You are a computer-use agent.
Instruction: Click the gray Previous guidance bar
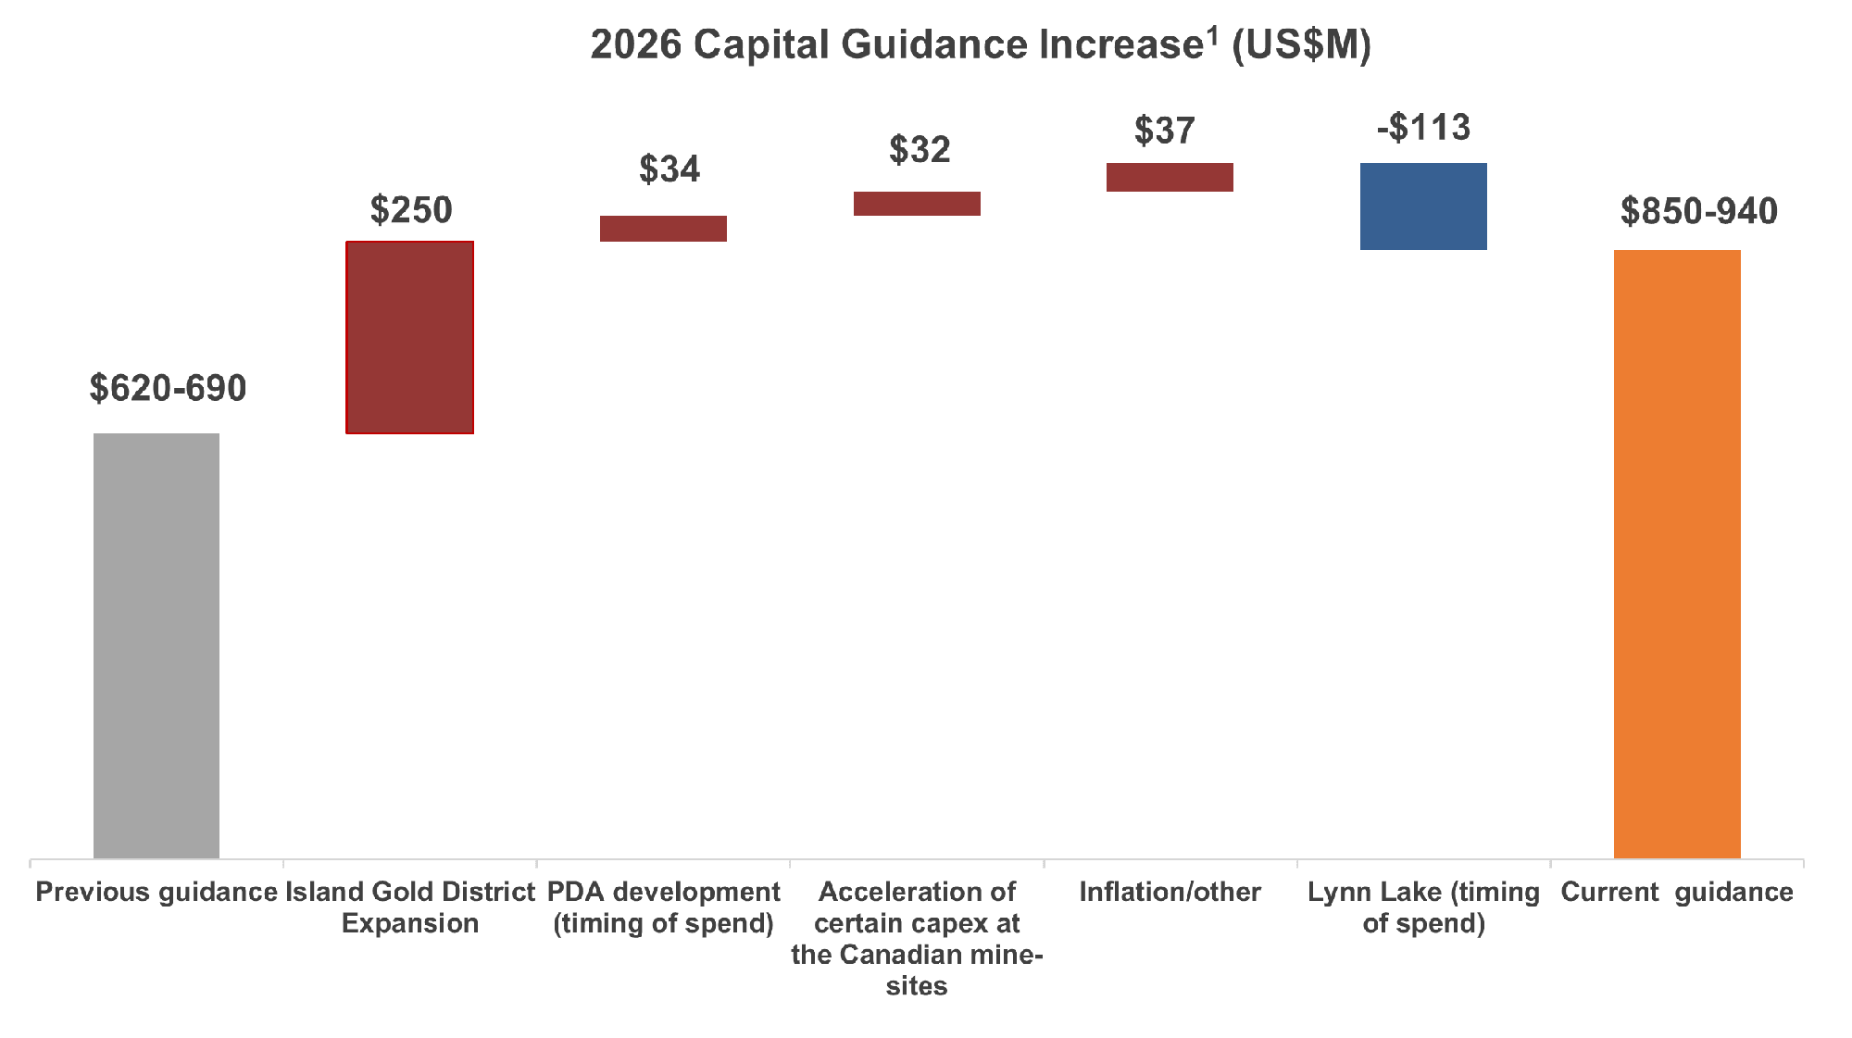point(156,645)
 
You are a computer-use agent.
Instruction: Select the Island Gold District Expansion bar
point(410,337)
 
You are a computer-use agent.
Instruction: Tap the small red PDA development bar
point(663,229)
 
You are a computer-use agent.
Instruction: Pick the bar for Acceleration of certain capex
point(917,204)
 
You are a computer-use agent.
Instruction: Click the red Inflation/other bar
point(1170,177)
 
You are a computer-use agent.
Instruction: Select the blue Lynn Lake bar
point(1423,206)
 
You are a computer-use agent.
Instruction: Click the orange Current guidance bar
point(1677,554)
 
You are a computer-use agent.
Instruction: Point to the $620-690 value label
point(169,388)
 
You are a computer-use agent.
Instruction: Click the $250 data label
point(411,210)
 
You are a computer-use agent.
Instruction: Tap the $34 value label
point(669,169)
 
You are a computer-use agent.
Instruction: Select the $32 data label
point(920,150)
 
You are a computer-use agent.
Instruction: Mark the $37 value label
point(1165,131)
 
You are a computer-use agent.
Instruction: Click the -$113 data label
point(1423,128)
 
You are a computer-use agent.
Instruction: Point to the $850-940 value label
point(1698,212)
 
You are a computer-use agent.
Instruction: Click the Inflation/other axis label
point(1170,892)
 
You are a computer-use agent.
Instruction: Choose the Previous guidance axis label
point(156,892)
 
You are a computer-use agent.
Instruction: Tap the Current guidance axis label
point(1677,892)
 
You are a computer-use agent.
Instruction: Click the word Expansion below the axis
point(410,923)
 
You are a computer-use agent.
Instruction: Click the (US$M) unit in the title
point(1301,44)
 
